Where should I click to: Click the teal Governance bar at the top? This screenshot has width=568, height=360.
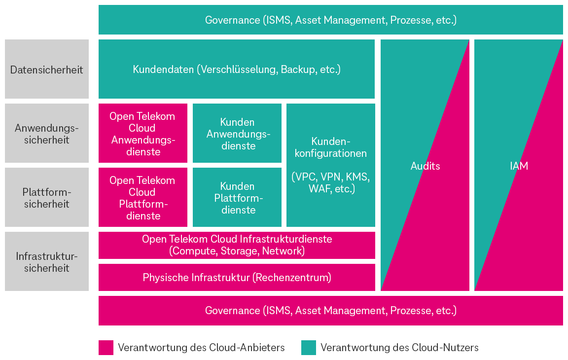(x=330, y=20)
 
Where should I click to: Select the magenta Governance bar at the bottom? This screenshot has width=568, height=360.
(x=330, y=311)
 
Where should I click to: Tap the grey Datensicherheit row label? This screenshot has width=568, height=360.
(x=47, y=69)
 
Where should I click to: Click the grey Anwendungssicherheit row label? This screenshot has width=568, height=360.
(x=47, y=133)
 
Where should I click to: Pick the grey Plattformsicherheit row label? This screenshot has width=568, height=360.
(x=47, y=197)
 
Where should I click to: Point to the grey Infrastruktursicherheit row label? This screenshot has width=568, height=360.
(x=47, y=261)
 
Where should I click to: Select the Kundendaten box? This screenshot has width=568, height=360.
(x=237, y=69)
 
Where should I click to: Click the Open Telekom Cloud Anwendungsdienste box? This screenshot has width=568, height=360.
(x=142, y=133)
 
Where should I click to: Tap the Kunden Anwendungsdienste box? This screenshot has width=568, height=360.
(x=237, y=133)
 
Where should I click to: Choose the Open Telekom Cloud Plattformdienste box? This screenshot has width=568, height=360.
(x=142, y=197)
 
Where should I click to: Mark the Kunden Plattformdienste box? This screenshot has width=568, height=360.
(x=237, y=197)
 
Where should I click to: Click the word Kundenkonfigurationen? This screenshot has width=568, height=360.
(x=330, y=147)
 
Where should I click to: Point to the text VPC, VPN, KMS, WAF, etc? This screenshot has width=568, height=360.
(x=330, y=182)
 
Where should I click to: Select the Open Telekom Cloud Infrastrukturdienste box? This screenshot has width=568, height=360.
(x=237, y=245)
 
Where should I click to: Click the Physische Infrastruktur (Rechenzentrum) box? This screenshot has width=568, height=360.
(x=237, y=277)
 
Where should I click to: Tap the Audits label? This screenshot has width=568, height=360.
(x=425, y=166)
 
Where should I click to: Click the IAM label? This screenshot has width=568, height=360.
(x=519, y=166)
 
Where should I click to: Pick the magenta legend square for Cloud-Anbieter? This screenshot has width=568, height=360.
(x=106, y=347)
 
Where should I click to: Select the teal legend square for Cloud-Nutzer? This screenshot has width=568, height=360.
(x=309, y=347)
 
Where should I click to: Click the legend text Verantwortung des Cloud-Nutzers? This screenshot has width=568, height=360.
(x=399, y=347)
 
